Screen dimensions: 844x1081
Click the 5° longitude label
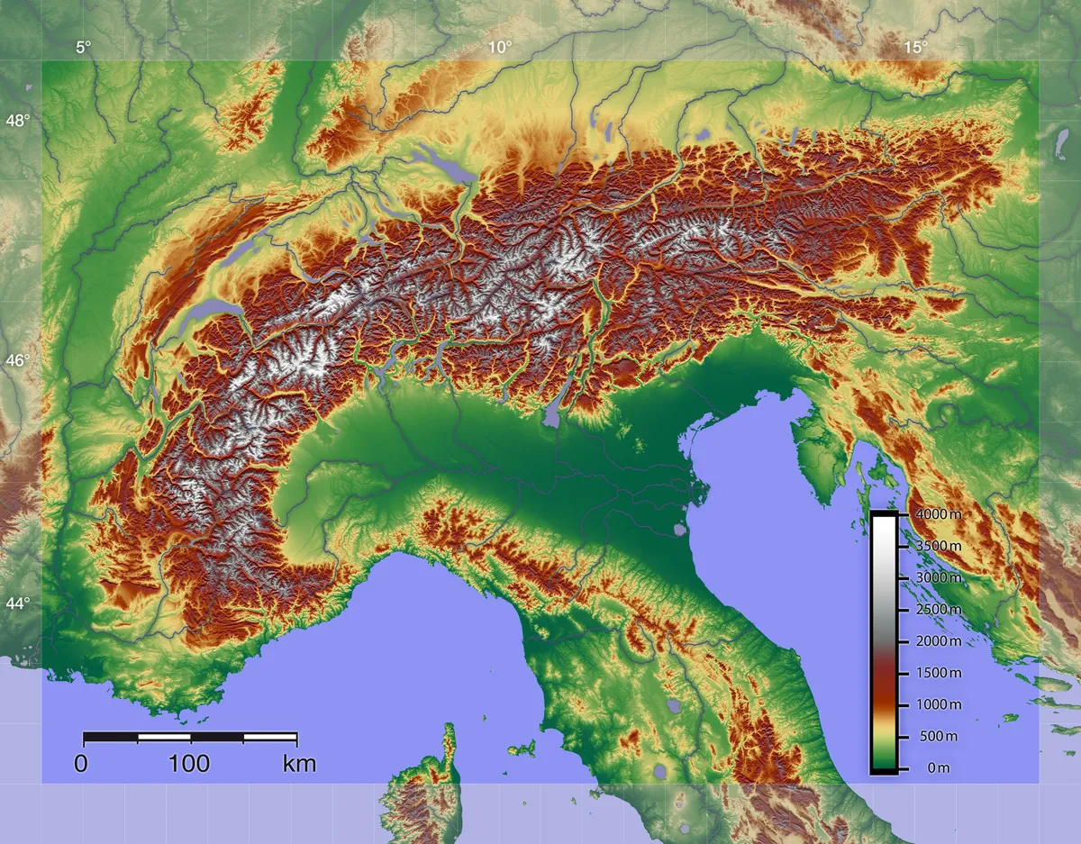pos(83,48)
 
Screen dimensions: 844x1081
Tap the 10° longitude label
pos(501,48)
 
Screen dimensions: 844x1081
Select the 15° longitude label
pos(916,48)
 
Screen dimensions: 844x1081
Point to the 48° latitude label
pos(18,121)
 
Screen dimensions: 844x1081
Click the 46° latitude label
pos(18,360)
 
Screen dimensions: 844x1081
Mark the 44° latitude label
pos(18,603)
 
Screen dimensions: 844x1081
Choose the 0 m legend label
pos(938,767)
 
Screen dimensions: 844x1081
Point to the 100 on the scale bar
pos(189,765)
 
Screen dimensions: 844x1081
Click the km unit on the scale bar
pos(299,765)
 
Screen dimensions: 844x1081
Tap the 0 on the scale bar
pos(81,765)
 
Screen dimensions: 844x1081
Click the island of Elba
pos(520,748)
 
